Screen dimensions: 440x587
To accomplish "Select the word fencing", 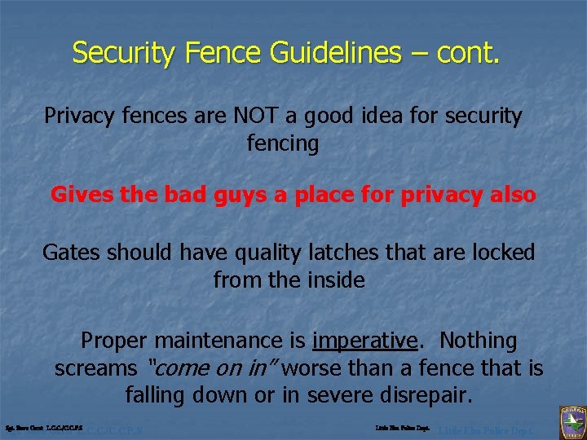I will click(282, 143).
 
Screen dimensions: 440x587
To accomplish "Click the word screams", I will click(95, 368).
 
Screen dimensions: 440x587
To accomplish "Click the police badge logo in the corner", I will click(571, 422).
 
